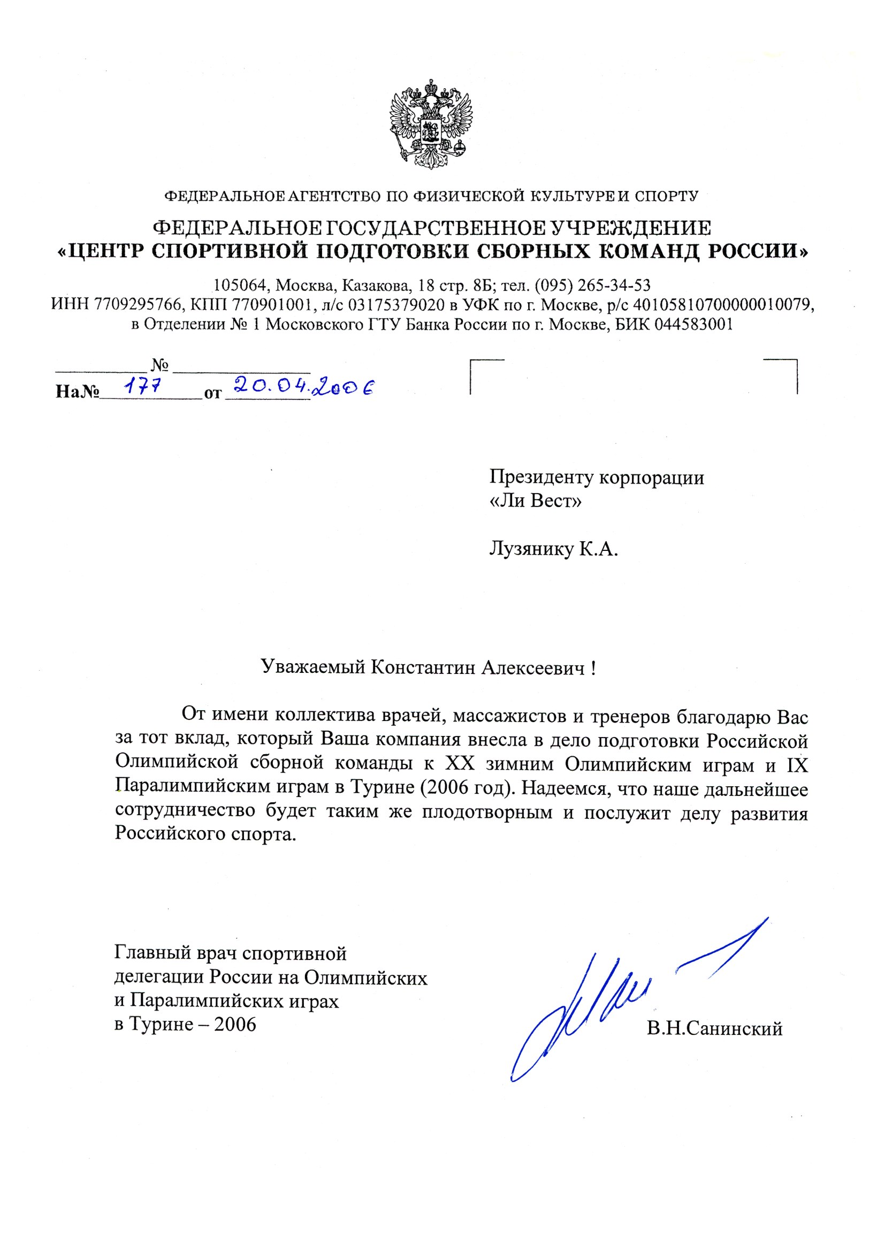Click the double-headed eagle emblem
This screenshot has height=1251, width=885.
[431, 124]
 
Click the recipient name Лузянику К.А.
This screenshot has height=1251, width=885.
[553, 549]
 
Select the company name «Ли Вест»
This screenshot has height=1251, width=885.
[536, 501]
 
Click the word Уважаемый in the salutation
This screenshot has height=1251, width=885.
[313, 667]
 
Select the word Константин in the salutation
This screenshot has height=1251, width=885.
[423, 667]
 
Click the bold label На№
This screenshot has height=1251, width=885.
[77, 392]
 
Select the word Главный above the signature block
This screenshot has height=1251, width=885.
[146, 953]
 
